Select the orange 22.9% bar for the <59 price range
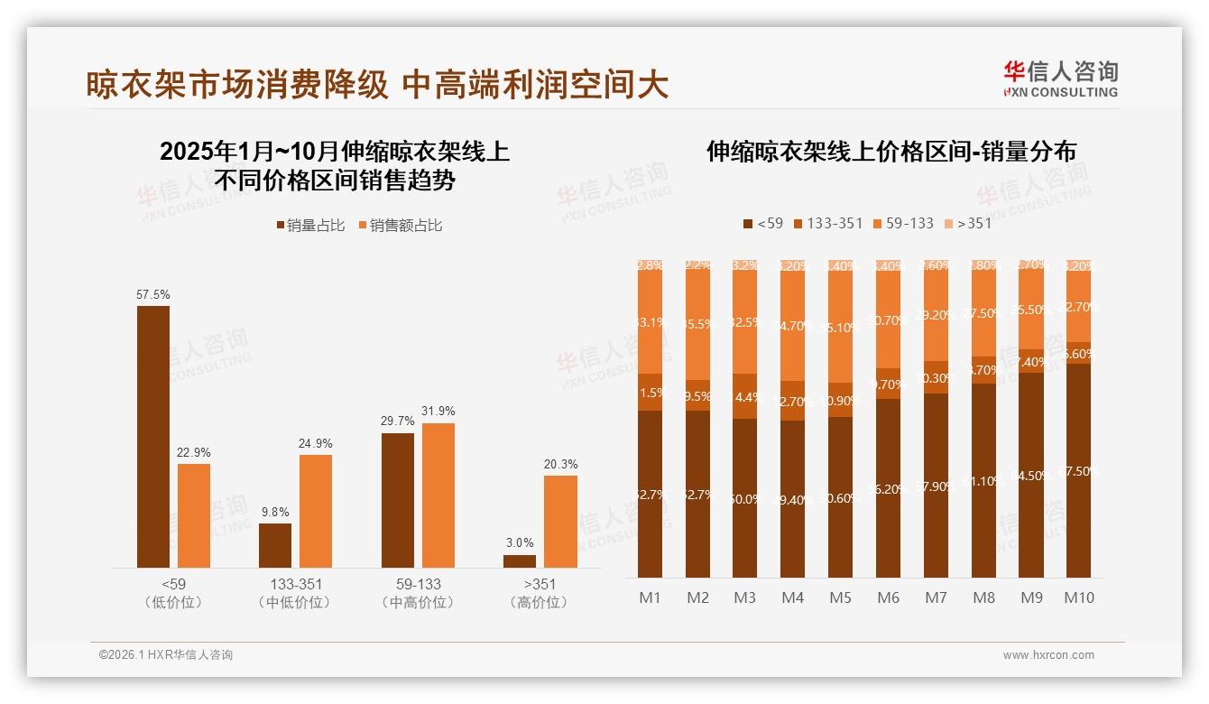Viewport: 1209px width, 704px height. (194, 515)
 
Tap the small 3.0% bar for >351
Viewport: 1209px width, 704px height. (520, 560)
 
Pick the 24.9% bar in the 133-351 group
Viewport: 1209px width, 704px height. (316, 511)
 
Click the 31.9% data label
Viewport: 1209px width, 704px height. (438, 412)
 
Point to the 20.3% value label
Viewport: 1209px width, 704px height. (560, 464)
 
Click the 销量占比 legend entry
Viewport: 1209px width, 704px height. (310, 226)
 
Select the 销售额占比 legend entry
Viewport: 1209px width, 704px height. (400, 226)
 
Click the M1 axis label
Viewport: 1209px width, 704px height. (650, 597)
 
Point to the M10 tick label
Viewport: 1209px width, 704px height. (1078, 597)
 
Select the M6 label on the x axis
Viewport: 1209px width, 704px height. (888, 597)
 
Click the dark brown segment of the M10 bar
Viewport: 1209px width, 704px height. (1078, 470)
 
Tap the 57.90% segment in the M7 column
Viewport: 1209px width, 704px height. (936, 486)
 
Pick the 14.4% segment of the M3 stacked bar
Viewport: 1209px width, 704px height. (744, 396)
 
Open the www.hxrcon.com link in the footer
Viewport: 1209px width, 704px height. (1048, 655)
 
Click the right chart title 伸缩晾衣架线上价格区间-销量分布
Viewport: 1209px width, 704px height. (891, 152)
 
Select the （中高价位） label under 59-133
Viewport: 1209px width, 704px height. (418, 602)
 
